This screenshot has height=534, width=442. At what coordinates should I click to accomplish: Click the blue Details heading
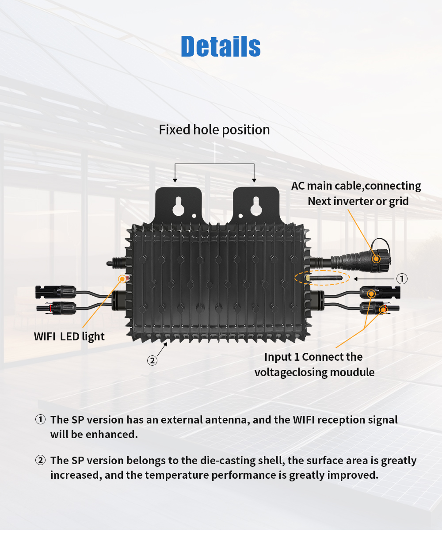(x=221, y=46)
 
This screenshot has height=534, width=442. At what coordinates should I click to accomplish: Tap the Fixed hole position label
(x=214, y=130)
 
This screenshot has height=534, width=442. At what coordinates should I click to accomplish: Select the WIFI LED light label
(x=69, y=336)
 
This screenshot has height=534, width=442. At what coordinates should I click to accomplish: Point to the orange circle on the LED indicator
(x=122, y=279)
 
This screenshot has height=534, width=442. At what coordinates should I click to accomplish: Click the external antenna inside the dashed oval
(x=324, y=278)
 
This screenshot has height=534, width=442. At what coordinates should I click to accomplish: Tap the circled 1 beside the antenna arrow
(x=402, y=278)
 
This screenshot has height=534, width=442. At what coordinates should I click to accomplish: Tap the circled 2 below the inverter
(x=152, y=361)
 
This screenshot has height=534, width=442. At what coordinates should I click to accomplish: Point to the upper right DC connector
(x=380, y=293)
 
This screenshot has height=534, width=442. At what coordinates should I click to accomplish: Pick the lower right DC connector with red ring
(x=379, y=308)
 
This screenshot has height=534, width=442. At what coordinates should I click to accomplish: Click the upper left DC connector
(x=56, y=292)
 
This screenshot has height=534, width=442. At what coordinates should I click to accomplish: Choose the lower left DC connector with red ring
(x=56, y=308)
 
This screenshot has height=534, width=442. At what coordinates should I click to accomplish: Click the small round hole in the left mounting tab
(x=194, y=216)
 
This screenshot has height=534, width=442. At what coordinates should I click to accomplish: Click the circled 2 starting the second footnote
(x=40, y=460)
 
